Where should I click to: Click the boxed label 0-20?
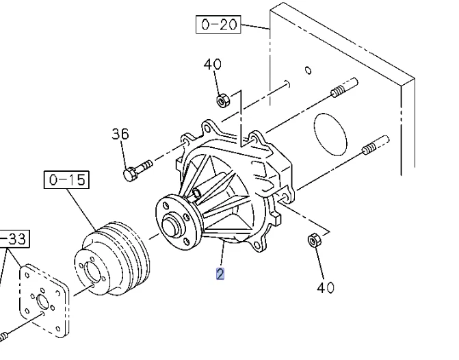pos(218,25)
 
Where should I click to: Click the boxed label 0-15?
pos(66,179)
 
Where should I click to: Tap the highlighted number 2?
pos(220,274)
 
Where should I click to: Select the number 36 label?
pos(120,134)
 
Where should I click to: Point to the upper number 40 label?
pos(213,64)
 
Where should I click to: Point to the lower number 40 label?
pos(326,287)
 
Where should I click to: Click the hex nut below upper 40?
pos(223,101)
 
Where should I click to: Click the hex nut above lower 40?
pos(314,240)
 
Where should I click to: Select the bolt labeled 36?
pos(137,170)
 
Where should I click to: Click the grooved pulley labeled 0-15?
pos(112,259)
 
